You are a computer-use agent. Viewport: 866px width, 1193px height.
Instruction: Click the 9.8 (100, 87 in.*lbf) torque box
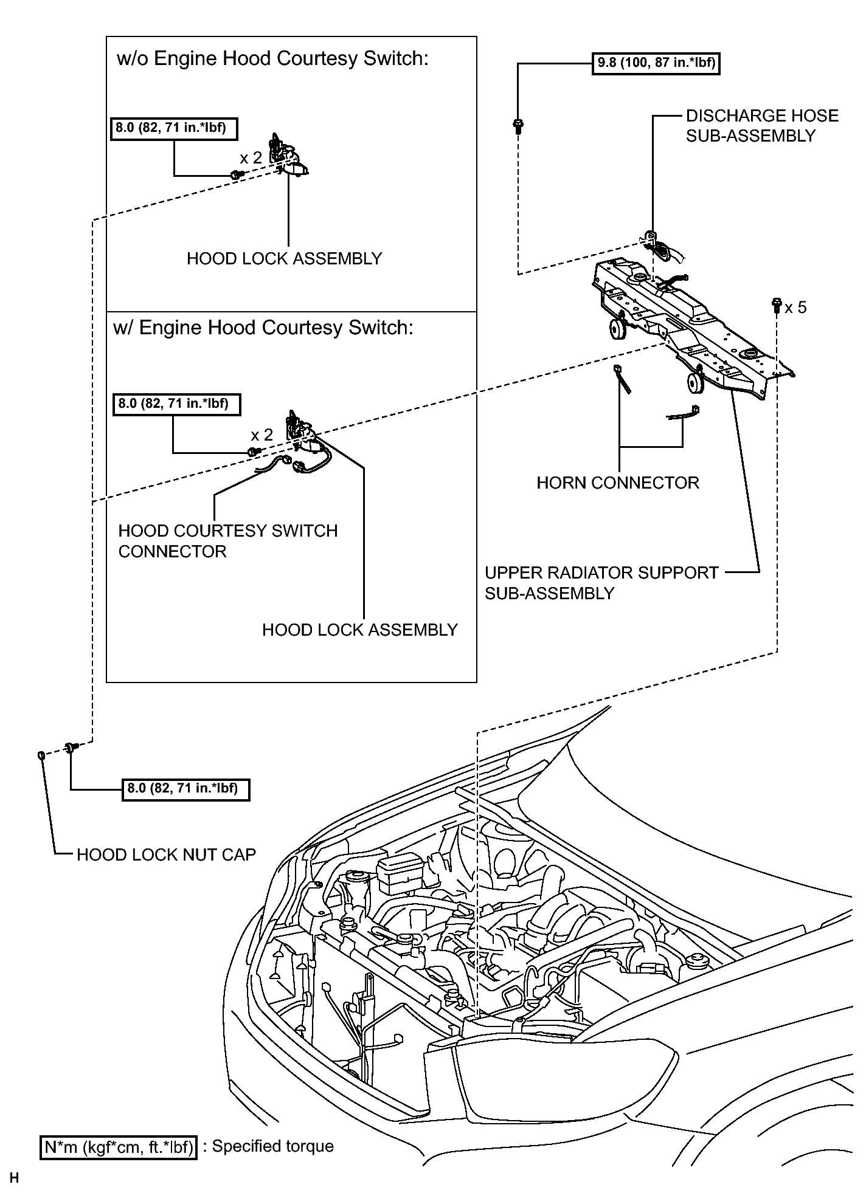coord(656,63)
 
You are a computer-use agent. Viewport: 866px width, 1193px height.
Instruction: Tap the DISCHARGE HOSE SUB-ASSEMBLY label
coord(762,126)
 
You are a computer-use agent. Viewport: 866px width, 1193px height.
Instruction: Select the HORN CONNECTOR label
coord(618,483)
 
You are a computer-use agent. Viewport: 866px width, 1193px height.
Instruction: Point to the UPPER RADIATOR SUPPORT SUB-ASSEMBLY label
coord(601,583)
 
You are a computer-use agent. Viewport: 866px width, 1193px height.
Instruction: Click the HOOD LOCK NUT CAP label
coord(166,854)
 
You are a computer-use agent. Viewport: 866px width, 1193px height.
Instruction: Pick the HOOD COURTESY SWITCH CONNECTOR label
coord(227,541)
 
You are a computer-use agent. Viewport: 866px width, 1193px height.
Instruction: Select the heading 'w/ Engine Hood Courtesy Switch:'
coord(263,328)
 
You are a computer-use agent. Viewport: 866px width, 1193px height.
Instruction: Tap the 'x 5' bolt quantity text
coord(795,308)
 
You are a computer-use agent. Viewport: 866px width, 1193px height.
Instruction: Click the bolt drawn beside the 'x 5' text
coord(777,305)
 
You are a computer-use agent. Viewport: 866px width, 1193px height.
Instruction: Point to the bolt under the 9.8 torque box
coord(518,127)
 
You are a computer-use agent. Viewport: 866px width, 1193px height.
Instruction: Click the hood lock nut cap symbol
coord(41,755)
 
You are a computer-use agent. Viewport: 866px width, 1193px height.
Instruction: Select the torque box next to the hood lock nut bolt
coord(186,789)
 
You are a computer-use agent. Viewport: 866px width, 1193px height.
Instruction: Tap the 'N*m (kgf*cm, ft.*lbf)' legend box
coord(119,1147)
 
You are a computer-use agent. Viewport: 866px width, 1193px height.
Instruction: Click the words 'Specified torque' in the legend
coord(273,1146)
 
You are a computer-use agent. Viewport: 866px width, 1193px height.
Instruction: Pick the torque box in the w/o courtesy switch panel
coord(173,129)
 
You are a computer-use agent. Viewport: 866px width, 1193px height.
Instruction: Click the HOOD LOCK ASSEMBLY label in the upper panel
coord(285,259)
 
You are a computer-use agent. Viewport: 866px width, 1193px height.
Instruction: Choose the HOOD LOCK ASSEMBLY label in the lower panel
coord(360,630)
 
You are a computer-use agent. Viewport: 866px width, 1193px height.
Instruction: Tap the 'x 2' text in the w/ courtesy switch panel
coord(262,435)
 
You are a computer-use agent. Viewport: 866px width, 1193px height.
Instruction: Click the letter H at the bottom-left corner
coord(15,1178)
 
